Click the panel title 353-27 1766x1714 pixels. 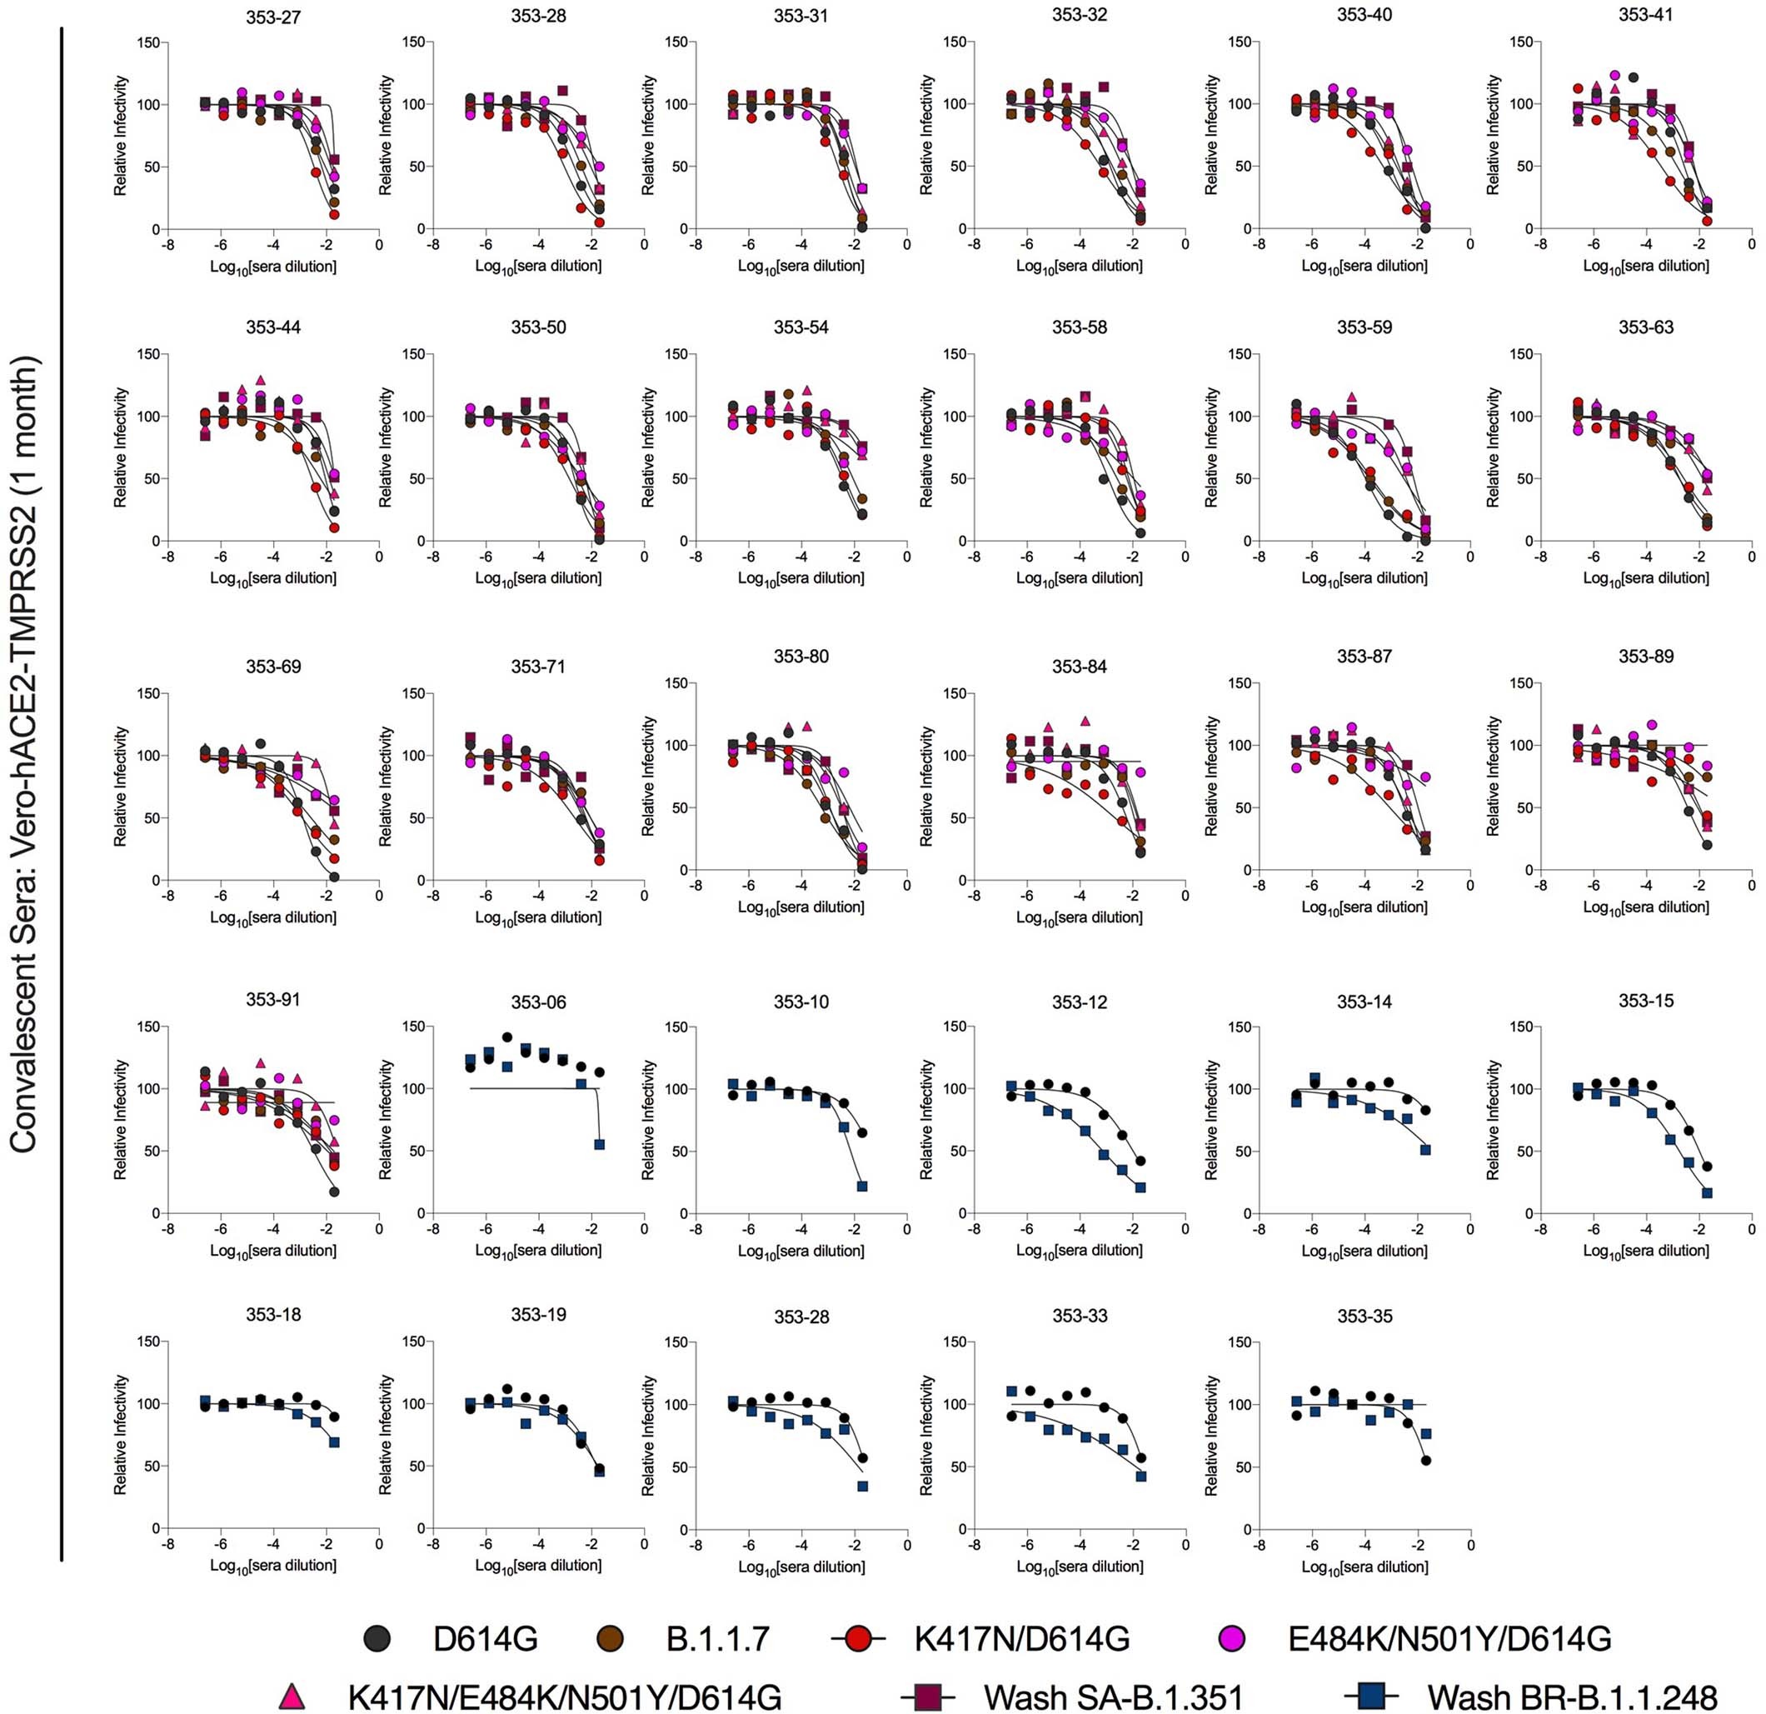(273, 15)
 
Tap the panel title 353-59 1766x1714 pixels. (1364, 327)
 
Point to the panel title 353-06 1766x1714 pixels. (538, 1003)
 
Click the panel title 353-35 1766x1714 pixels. (1364, 1316)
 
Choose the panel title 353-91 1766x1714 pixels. (273, 999)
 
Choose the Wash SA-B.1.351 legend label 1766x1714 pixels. (1113, 1695)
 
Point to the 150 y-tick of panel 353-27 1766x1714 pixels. (147, 42)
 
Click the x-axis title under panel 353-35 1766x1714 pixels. (1364, 1567)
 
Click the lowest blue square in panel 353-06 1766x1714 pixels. (599, 1144)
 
